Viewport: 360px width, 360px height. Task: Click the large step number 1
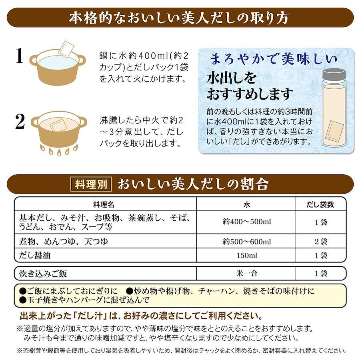click(20, 56)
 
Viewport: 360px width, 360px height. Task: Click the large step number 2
click(20, 122)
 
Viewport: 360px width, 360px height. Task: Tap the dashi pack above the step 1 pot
click(66, 49)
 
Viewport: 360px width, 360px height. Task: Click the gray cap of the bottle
click(334, 74)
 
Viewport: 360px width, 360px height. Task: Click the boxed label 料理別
click(91, 184)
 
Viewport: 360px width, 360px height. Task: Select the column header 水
click(246, 204)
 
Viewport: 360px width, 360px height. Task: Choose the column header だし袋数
click(320, 204)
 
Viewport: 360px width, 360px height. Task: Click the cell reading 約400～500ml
click(247, 222)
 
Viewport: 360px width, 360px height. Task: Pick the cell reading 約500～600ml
click(247, 242)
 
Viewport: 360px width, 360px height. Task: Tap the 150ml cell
click(247, 255)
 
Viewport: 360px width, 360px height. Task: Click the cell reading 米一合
click(247, 273)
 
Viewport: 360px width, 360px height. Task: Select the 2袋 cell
click(321, 242)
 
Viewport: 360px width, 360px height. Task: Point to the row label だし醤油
click(35, 255)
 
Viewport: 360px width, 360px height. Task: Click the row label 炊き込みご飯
click(43, 274)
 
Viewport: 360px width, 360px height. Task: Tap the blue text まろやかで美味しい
click(274, 59)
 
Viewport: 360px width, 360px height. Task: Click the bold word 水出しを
click(231, 78)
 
